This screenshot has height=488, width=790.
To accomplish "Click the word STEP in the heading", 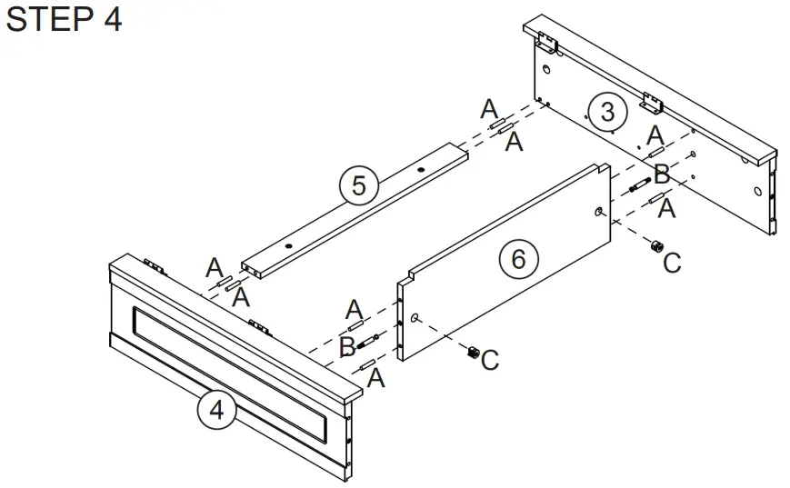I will pos(45,19).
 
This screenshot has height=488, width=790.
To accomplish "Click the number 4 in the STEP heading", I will pos(111,19).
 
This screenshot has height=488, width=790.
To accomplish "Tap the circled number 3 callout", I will pos(607,112).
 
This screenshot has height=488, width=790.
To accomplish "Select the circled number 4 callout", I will pos(216,410).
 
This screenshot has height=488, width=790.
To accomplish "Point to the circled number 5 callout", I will pos(358,185).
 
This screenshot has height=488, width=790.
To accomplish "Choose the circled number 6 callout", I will pos(517,259).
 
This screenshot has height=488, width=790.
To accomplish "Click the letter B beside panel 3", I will pos(661,174).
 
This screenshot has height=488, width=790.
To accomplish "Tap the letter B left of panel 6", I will pos(346,346).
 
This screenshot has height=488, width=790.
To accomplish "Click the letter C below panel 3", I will pos(672,263).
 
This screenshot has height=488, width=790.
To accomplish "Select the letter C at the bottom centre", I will pos(489,360).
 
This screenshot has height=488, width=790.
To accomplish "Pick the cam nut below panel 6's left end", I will pos(472,353).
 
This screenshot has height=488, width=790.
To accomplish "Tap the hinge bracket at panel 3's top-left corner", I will pos(545,42).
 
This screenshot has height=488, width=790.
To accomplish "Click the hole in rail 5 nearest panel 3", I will pos(421,170).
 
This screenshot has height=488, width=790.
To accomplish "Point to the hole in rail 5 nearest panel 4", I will pos(288,245).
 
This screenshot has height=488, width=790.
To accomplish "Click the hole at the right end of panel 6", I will pos(598,211).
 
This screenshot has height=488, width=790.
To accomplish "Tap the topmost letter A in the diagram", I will pos(488,109).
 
